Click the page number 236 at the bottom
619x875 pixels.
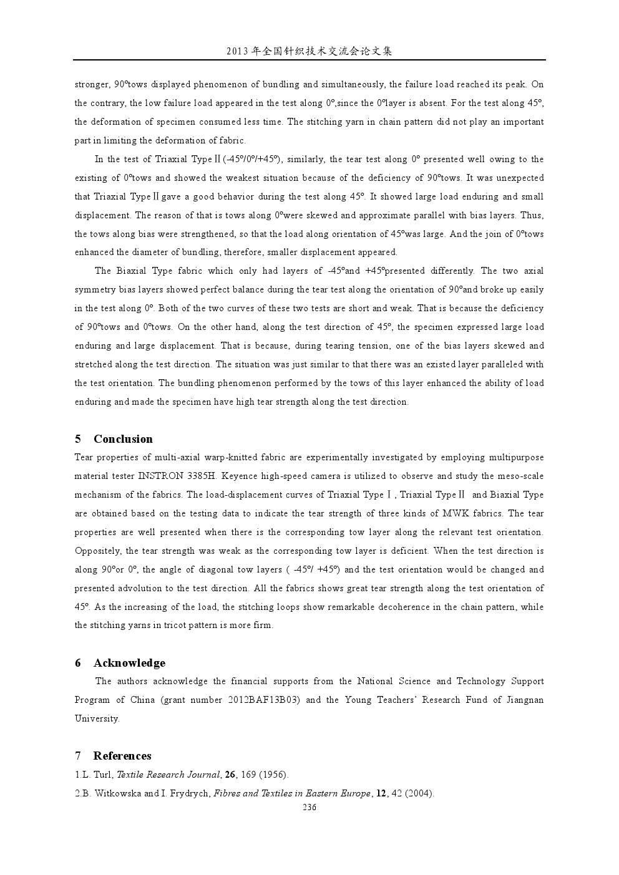(309, 808)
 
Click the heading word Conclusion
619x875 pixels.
(123, 439)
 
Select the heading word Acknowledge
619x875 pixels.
(129, 663)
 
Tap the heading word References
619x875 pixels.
(122, 756)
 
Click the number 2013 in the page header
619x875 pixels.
(238, 51)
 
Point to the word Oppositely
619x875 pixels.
(97, 551)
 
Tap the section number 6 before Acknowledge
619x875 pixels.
(78, 663)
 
